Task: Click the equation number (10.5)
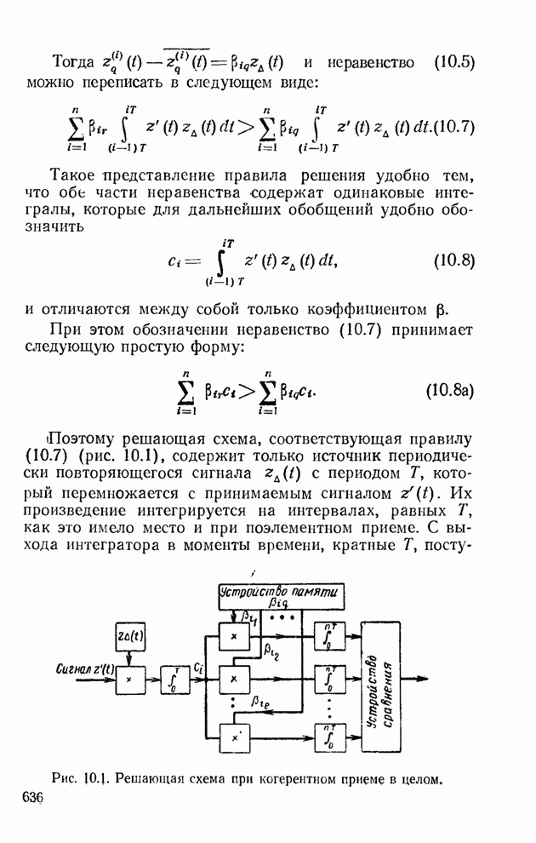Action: click(x=453, y=63)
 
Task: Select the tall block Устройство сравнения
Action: click(x=380, y=687)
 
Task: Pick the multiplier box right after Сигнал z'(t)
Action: click(x=130, y=680)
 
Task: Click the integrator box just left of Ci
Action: click(x=175, y=680)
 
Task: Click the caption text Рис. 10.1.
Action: click(x=83, y=777)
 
